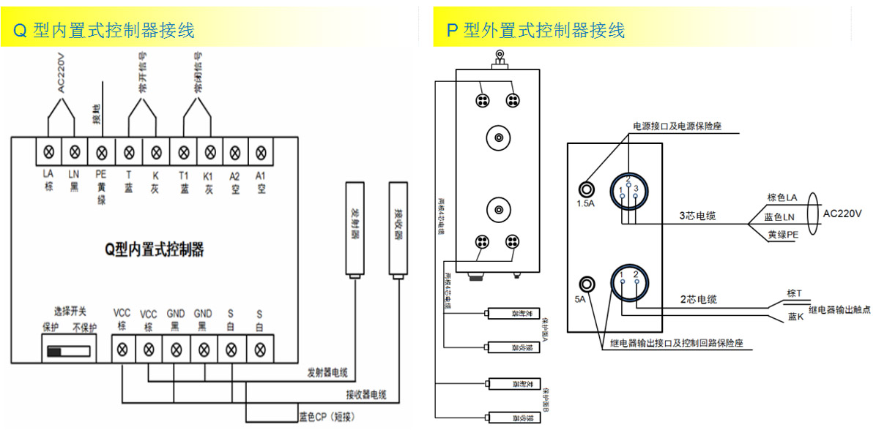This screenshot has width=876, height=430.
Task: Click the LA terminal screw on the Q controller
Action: [49, 152]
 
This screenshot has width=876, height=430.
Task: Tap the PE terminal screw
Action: [101, 152]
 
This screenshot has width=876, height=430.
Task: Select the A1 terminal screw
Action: [259, 152]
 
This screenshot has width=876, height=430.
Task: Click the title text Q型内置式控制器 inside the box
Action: [153, 250]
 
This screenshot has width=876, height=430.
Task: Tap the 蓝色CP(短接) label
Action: [328, 417]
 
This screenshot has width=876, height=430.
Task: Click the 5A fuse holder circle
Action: [587, 284]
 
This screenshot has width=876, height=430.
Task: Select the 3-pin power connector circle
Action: [628, 189]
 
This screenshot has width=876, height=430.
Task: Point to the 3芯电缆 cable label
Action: [697, 216]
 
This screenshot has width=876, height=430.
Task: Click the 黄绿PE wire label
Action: [783, 235]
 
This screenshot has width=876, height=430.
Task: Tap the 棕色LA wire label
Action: [783, 197]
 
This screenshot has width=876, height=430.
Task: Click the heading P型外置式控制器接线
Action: [535, 30]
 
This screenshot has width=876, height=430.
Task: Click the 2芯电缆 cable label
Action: [698, 299]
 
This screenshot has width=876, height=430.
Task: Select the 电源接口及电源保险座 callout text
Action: [678, 127]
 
